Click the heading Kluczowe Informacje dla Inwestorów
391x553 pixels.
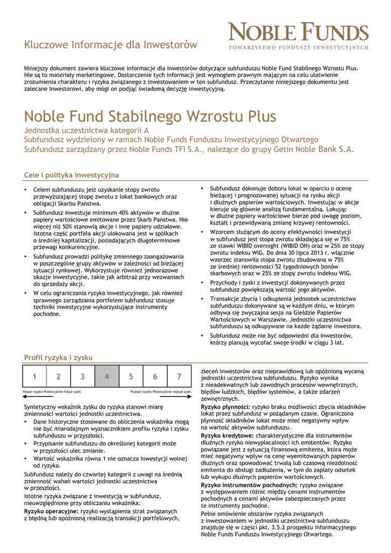111,45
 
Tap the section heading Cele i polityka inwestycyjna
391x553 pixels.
71,175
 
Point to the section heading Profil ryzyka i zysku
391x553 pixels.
58,358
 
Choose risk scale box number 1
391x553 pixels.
35,376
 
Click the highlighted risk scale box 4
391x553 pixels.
107,376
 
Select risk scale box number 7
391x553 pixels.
179,376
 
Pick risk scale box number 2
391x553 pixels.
59,376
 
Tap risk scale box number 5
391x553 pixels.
131,376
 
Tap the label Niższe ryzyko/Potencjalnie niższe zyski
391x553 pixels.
52,391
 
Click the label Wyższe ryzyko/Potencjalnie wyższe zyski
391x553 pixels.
161,391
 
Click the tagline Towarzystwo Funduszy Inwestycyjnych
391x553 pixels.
298,48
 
